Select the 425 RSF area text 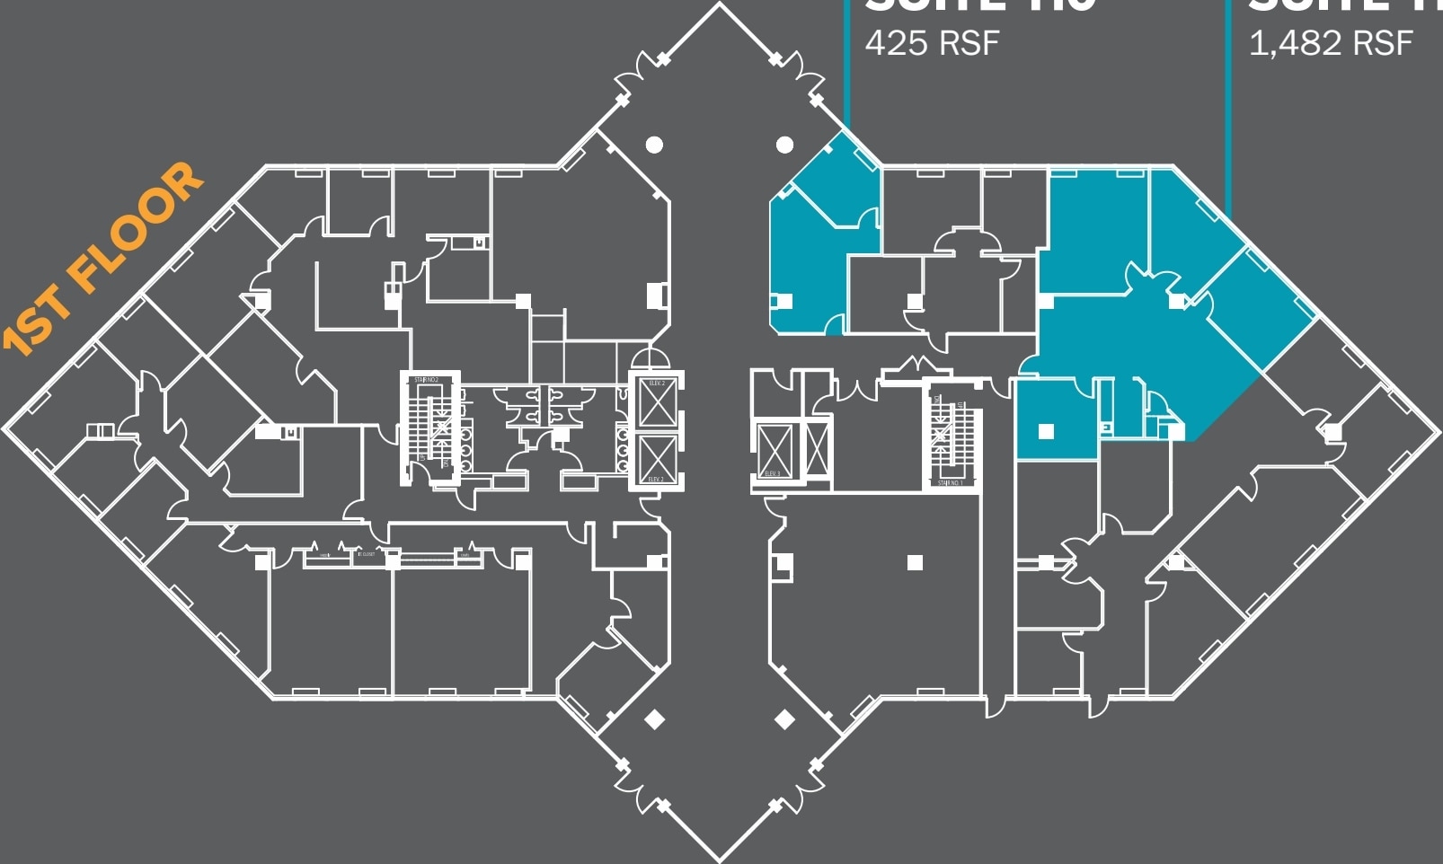click(932, 42)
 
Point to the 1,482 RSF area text click(1331, 42)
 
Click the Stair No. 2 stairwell click(429, 427)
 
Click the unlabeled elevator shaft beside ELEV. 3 click(817, 449)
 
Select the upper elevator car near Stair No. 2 click(657, 401)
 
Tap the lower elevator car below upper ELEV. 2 click(657, 456)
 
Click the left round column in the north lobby click(654, 144)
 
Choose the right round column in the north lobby click(784, 144)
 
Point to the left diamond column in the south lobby click(654, 719)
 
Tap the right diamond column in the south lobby click(784, 719)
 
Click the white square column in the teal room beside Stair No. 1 click(1046, 431)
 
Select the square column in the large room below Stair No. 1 click(915, 563)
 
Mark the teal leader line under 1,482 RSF click(1227, 108)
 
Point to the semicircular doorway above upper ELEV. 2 click(650, 358)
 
